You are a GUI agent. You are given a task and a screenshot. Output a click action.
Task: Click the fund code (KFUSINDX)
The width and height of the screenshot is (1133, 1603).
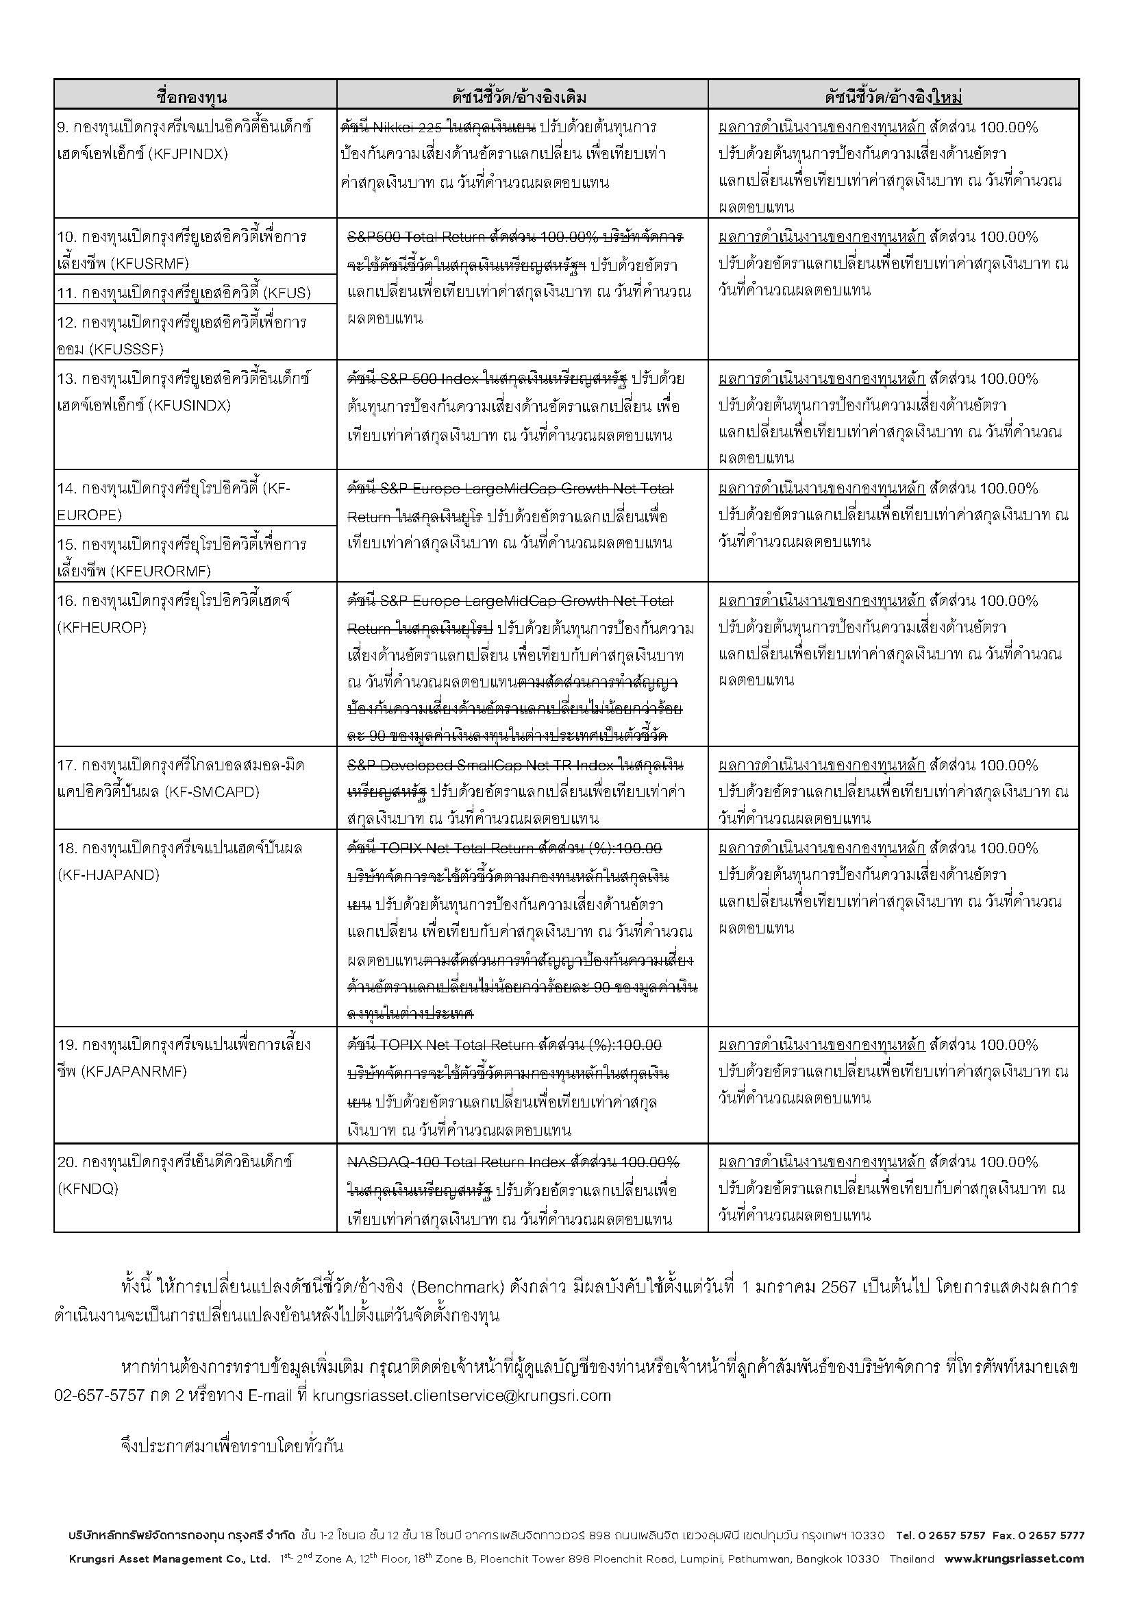coord(189,406)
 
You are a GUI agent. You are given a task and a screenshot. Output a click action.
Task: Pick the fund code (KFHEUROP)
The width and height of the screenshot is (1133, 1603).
coord(102,628)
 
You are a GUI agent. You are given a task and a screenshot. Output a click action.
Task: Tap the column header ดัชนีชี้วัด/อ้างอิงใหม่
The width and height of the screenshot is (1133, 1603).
coord(893,97)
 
